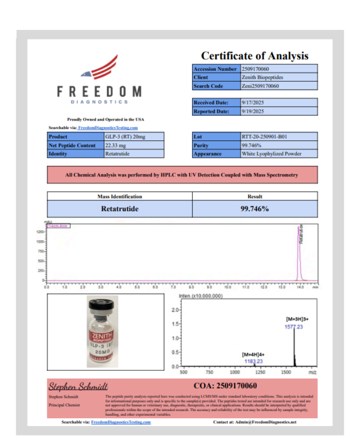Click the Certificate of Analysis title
254,55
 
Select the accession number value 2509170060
257,69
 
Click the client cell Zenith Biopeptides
263,77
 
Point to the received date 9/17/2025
253,103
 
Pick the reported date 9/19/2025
253,111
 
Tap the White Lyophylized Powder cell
270,154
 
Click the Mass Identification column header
119,196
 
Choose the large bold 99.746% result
254,209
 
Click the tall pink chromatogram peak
298,252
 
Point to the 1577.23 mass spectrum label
295,327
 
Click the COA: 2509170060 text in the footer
226,385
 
